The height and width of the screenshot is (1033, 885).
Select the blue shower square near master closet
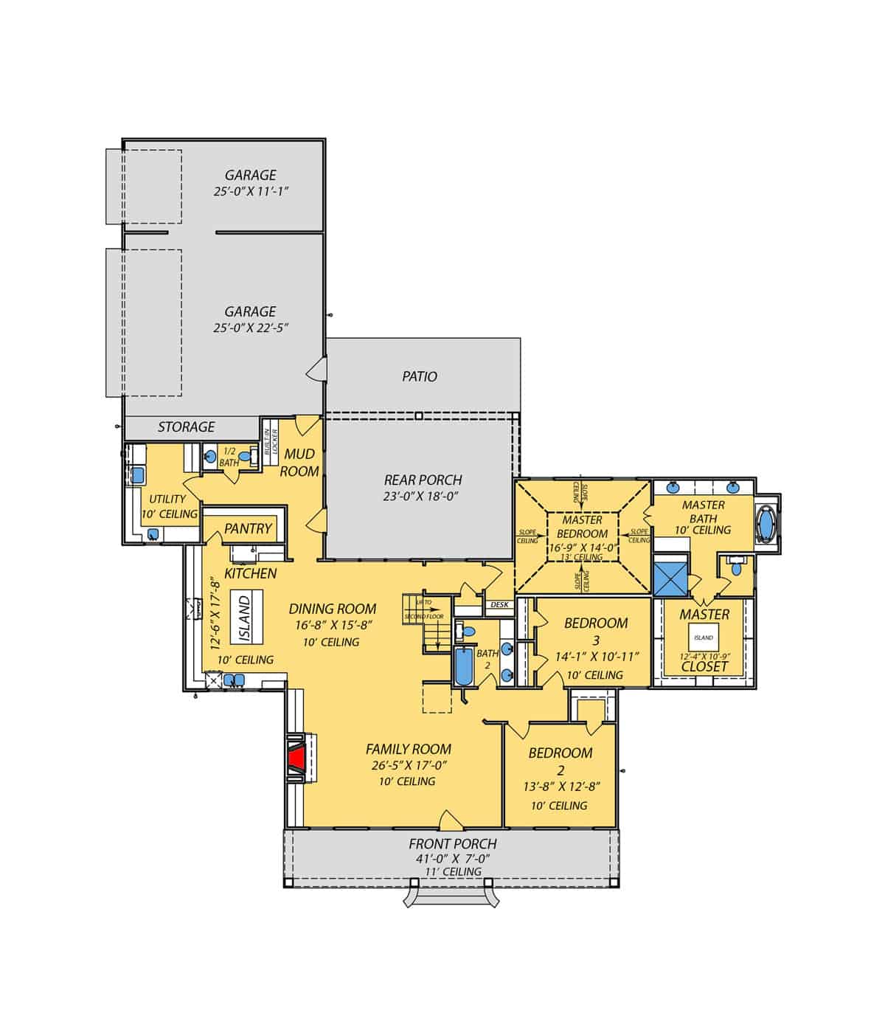coord(671,578)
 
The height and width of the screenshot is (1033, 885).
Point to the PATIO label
coord(420,376)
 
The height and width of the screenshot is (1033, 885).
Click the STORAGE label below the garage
coord(187,427)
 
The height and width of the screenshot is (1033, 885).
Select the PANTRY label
coord(249,528)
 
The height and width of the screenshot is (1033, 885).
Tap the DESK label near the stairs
coord(499,604)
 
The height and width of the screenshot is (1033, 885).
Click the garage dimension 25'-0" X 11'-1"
coord(251,191)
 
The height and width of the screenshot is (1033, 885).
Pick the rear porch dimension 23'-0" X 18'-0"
coord(422,497)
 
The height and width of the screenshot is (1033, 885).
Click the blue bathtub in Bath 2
coord(463,666)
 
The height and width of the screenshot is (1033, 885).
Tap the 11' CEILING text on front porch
coord(452,871)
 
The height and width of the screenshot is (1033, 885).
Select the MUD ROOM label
coord(299,463)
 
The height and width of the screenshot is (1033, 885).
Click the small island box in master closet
coord(704,638)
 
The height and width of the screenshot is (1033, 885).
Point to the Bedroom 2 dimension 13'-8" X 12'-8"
coord(560,787)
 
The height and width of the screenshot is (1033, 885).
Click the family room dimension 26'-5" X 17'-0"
coord(409,765)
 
